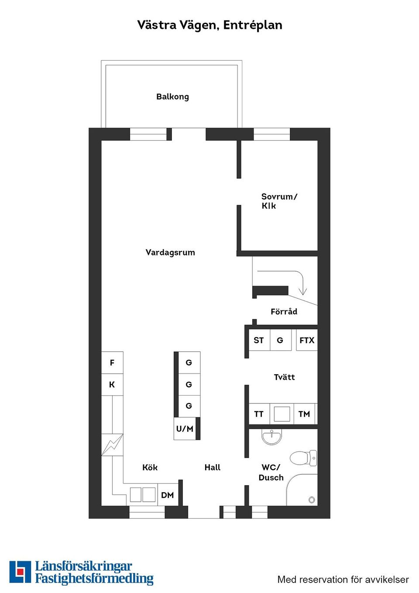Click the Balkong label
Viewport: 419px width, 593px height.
click(172, 97)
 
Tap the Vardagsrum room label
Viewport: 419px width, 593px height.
click(170, 252)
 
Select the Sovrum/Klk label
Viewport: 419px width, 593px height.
click(278, 201)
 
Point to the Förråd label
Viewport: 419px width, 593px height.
click(284, 311)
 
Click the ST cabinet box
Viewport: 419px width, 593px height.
click(259, 340)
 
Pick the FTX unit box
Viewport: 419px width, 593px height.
click(306, 340)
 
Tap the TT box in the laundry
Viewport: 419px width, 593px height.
click(259, 414)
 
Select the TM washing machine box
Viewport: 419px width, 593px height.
click(304, 414)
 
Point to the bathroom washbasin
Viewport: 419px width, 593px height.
click(272, 436)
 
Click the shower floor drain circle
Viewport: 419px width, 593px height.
click(312, 500)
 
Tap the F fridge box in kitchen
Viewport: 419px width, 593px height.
click(112, 362)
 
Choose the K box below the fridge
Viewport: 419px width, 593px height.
click(112, 385)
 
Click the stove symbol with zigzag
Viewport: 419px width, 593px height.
click(112, 445)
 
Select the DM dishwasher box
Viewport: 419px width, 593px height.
click(168, 495)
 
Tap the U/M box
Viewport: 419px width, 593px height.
click(185, 429)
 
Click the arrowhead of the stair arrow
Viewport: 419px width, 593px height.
click(302, 291)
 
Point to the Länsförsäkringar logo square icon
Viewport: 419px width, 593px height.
click(20, 572)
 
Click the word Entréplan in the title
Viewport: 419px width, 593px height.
click(253, 25)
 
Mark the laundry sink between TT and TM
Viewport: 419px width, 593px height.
click(282, 414)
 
